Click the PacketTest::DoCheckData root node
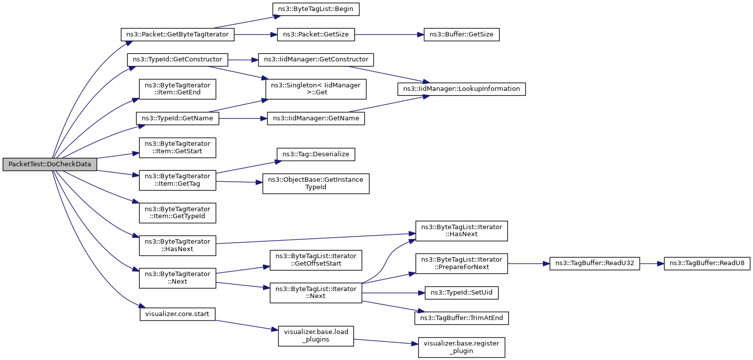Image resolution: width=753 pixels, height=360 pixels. [50, 164]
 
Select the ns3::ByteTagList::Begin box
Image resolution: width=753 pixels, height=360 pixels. [316, 9]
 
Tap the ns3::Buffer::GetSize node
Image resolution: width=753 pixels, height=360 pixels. [462, 34]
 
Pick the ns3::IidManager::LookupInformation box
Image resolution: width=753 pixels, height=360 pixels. [462, 89]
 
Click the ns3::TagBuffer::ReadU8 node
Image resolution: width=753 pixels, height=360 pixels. [707, 264]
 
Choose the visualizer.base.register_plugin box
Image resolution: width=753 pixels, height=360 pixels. [462, 347]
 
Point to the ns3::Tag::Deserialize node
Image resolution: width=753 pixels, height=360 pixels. [316, 154]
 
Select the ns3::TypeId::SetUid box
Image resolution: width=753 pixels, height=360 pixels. [462, 293]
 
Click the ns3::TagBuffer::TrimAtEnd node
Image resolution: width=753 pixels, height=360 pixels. [462, 318]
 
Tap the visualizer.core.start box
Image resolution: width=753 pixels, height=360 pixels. [178, 314]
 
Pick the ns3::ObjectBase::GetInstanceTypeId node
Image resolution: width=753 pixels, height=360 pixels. [316, 184]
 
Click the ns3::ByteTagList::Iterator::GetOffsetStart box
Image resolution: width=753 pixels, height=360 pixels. [316, 260]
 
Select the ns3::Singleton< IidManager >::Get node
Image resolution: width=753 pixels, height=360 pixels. [316, 89]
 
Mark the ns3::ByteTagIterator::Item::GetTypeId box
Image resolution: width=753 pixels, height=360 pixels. [178, 213]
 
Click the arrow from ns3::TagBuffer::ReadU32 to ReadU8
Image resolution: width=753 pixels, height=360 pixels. [652, 264]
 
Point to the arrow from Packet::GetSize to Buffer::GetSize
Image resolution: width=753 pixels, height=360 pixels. [389, 34]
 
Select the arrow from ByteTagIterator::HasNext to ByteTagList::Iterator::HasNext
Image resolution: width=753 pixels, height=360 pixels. [316, 239]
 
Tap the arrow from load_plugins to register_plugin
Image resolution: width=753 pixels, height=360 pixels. [386, 342]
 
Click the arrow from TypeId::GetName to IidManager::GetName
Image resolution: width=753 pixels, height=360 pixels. [243, 119]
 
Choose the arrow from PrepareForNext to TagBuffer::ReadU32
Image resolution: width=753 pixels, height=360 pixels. [528, 264]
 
